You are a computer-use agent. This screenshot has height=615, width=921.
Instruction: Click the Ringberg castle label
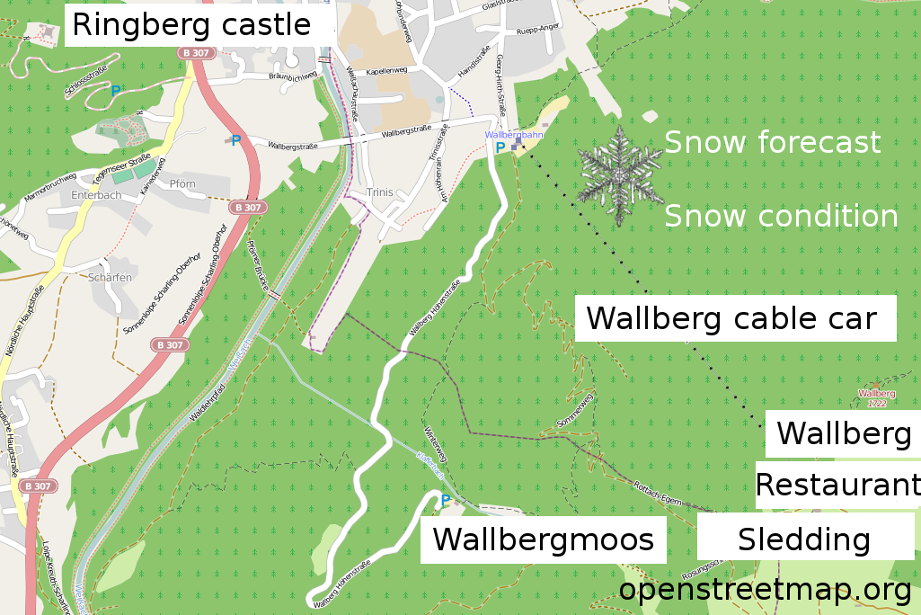pos(191,25)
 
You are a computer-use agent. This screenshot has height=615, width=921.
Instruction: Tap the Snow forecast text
pos(772,142)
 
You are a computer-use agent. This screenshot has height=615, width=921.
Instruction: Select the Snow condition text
pos(781,217)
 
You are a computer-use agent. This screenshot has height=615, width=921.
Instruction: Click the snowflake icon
pos(619,176)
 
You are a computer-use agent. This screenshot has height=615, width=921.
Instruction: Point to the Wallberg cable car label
pos(731,318)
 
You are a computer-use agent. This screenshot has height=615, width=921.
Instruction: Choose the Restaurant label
pos(837,485)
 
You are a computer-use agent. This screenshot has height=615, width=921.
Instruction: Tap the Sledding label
pos(804,539)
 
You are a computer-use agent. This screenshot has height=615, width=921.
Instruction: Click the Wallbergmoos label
pos(544,539)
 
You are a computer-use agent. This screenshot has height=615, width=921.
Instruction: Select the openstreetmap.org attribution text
pos(766,591)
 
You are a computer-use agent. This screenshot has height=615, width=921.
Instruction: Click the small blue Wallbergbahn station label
pos(514,135)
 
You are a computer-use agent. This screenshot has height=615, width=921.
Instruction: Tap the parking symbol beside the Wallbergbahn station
pos(500,147)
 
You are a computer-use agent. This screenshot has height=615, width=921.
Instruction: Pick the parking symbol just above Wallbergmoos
pos(445,500)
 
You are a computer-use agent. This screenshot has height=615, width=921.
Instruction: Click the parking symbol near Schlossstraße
pos(115,91)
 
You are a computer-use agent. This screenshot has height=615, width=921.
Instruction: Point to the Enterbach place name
pos(95,194)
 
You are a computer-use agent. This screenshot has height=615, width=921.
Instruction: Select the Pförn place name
pos(182,183)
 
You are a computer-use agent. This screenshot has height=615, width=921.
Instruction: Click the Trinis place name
pos(381,192)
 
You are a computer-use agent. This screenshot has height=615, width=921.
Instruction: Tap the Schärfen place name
pos(110,278)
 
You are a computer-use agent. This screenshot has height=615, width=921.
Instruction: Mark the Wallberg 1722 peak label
pos(877,398)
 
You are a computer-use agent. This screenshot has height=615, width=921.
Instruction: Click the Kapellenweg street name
pos(387,72)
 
